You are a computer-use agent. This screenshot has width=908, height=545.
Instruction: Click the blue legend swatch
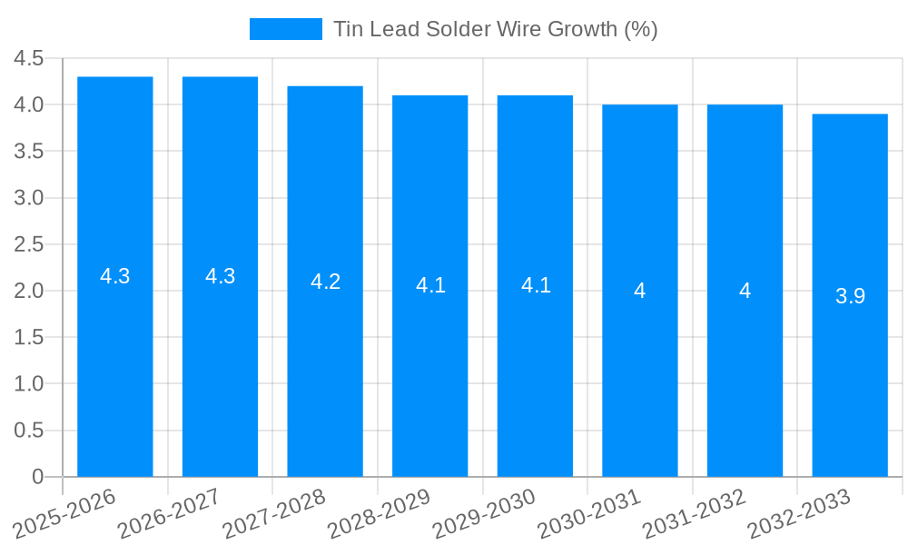coord(285,29)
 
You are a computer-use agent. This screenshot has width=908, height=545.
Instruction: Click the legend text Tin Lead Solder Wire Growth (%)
coord(495,29)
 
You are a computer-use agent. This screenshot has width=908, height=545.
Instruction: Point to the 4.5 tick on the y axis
coord(28,58)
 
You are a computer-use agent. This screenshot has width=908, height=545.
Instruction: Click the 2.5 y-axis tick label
coord(28,244)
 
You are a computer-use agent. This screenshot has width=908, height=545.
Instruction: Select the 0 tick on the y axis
coord(37,477)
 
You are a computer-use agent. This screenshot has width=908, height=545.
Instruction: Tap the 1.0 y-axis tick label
coord(28,384)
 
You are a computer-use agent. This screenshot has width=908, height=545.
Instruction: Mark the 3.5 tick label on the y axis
coord(28,152)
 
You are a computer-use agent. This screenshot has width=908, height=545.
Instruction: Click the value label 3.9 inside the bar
coord(850,296)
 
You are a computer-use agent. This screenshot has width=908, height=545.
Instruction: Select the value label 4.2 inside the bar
coord(325,282)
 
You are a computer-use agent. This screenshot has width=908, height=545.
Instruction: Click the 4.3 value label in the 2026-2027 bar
coord(220,277)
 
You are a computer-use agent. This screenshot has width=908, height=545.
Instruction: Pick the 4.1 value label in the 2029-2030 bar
coord(536,285)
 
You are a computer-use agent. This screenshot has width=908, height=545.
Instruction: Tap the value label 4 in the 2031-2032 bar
coord(745,291)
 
